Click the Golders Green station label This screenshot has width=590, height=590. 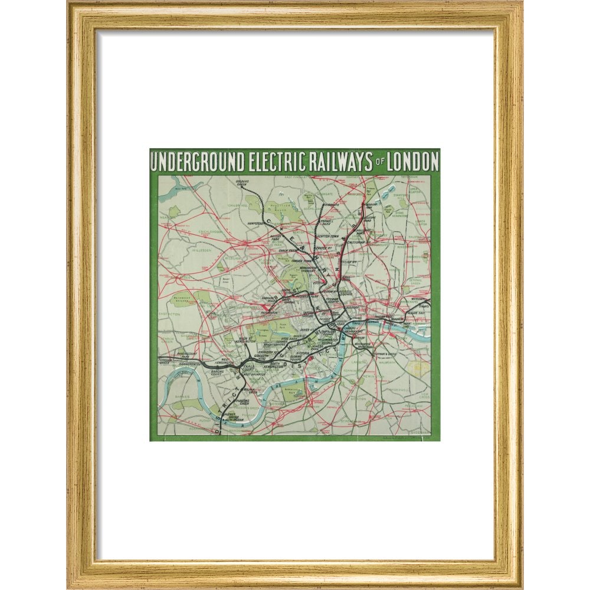click(242, 183)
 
